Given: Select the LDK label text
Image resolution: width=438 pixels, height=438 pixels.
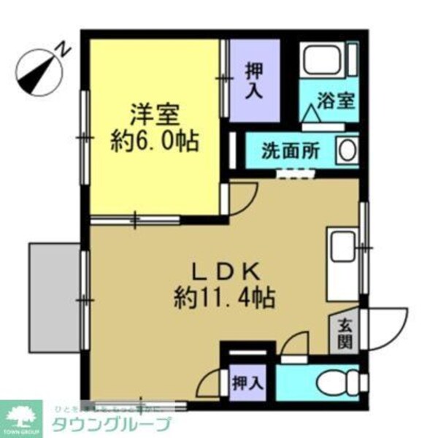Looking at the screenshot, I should (x=224, y=271).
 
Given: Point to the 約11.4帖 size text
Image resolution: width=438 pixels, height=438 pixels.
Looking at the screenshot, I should (x=224, y=297).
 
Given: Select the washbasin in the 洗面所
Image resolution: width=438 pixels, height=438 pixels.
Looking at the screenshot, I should (x=347, y=150).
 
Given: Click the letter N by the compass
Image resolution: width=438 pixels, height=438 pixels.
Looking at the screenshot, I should (x=64, y=50).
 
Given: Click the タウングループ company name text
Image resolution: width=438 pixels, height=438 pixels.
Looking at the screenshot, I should (x=109, y=424).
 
